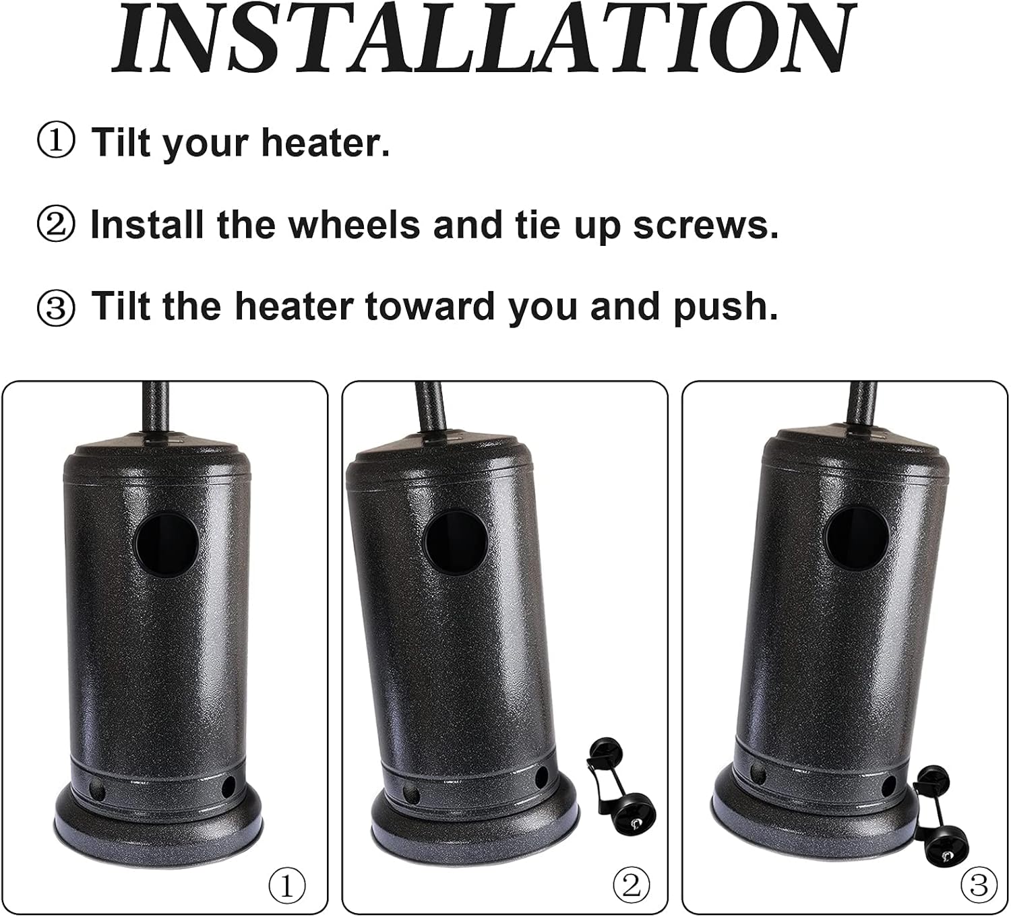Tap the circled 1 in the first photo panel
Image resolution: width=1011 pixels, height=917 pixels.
(x=287, y=884)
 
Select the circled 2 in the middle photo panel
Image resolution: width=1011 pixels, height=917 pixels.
(x=631, y=884)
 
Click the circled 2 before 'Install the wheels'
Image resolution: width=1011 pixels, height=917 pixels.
(x=56, y=225)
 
